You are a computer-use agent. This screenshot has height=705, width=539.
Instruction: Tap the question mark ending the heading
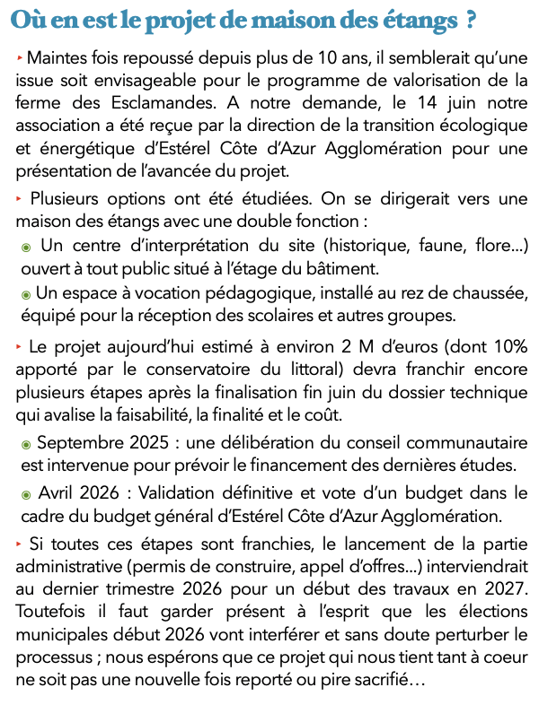point(469,20)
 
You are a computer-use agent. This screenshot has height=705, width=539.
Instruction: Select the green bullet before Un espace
point(26,294)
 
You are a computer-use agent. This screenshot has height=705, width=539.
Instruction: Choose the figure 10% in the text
point(502,346)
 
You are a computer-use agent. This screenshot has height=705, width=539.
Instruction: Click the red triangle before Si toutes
point(19,543)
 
